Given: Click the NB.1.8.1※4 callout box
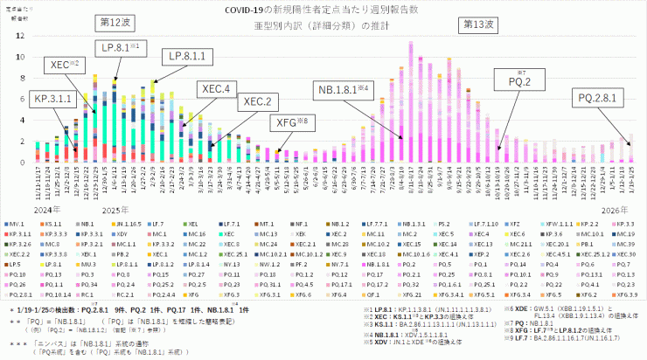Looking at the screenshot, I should click(346, 89).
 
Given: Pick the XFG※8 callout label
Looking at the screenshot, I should click(291, 121).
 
